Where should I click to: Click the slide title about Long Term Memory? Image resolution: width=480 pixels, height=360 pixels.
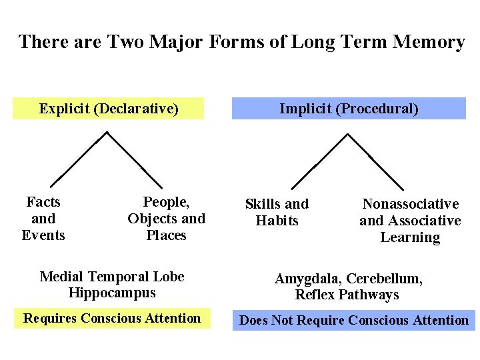(x=241, y=42)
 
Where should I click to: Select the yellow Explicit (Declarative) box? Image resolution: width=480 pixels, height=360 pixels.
(x=109, y=109)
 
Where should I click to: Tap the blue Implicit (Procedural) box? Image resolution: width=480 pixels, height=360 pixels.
(x=349, y=109)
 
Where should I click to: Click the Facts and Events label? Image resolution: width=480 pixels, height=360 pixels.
(x=43, y=219)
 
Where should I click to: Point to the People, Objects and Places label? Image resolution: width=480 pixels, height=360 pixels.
(x=166, y=219)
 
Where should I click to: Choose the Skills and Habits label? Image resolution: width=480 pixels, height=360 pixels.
(x=277, y=212)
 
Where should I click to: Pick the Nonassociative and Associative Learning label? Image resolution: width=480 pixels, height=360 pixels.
(x=410, y=221)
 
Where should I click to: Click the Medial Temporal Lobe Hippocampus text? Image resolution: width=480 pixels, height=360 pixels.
(x=112, y=285)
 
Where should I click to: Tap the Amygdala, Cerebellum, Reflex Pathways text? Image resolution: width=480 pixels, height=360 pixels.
(x=349, y=287)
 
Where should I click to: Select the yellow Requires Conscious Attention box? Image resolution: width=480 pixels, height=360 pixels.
(x=112, y=318)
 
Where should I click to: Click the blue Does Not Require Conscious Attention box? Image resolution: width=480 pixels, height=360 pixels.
(x=353, y=320)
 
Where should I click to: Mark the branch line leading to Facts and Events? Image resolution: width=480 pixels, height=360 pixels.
(x=79, y=159)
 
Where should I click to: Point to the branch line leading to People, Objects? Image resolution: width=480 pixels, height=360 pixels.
(x=135, y=159)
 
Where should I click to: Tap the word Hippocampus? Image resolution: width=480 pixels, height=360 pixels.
(x=112, y=293)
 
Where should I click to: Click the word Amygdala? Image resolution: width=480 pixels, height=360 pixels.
(x=304, y=279)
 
